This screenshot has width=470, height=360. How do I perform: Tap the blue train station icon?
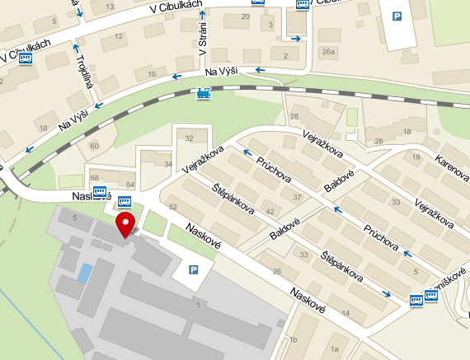[203, 94]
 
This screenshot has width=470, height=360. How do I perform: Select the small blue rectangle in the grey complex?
[84, 273]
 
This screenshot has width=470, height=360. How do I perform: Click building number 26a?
[329, 52]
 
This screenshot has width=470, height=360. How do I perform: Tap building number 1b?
[292, 339]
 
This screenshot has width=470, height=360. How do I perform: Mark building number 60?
[93, 146]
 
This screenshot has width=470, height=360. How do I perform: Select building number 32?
[190, 138]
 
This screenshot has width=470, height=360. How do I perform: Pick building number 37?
[298, 198]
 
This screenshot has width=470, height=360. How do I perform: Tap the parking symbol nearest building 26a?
[397, 16]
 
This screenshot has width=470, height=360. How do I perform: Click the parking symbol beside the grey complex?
[195, 269]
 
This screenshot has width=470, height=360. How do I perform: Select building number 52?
[172, 205]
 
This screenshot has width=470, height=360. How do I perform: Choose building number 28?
[294, 118]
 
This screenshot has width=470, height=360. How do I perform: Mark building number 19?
[416, 157]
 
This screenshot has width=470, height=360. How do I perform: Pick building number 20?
[245, 16]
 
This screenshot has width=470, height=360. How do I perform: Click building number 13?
[111, 5]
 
